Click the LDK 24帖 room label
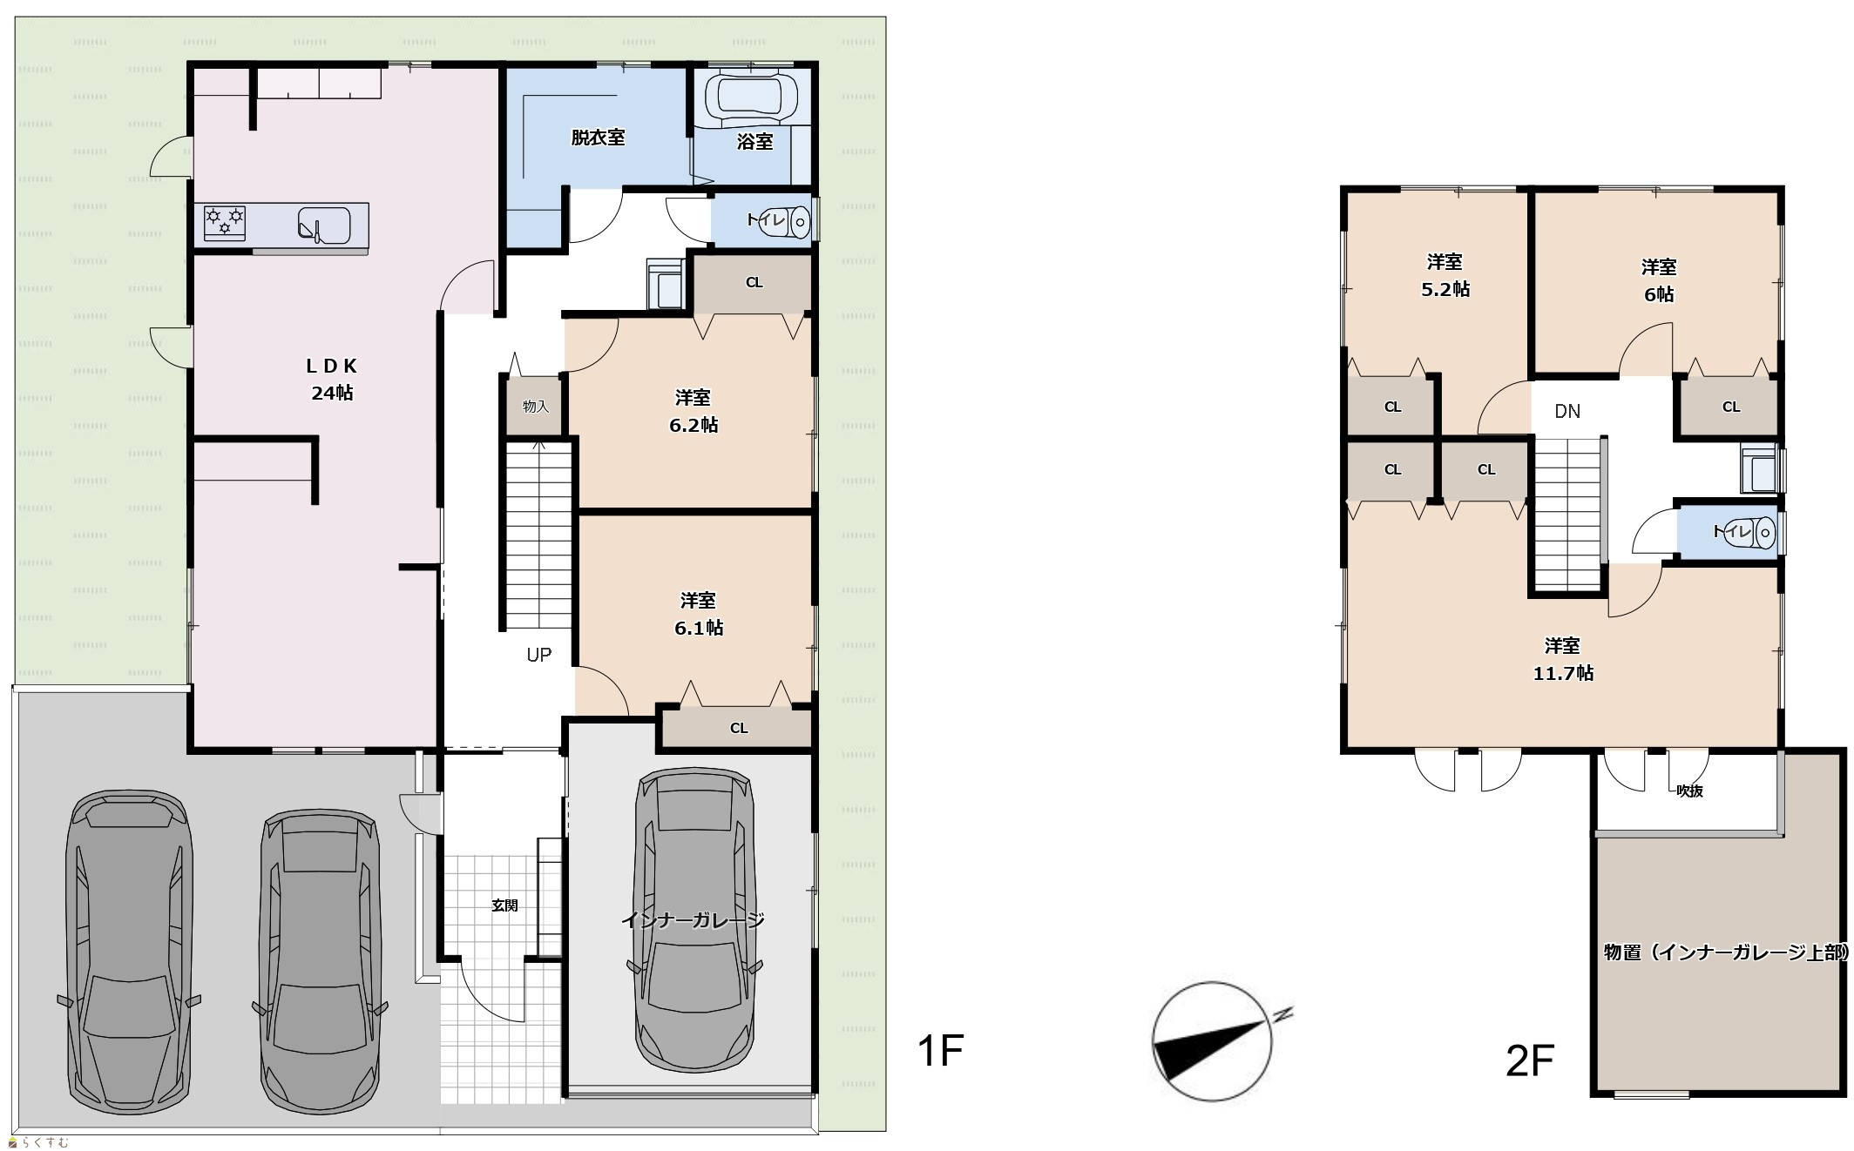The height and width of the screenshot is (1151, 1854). click(x=332, y=380)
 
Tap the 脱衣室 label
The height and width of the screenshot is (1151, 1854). click(x=598, y=138)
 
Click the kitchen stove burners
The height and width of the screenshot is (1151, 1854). click(x=225, y=222)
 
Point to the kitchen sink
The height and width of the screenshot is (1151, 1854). click(x=323, y=225)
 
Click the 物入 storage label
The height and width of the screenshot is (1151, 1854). click(x=535, y=407)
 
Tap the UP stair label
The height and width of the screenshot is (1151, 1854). click(x=538, y=655)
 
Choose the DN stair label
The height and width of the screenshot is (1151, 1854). click(x=1567, y=411)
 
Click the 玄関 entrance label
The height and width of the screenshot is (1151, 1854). click(x=504, y=905)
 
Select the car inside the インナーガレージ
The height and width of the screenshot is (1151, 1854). click(x=694, y=920)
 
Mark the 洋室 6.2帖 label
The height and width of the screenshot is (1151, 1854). click(x=694, y=412)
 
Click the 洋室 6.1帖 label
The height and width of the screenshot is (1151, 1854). click(x=699, y=615)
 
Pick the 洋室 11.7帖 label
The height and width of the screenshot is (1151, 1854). click(x=1563, y=659)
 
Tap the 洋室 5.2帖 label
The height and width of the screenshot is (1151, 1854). click(x=1445, y=275)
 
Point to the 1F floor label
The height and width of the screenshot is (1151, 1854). click(x=940, y=1051)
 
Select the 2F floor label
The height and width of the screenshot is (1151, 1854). click(x=1530, y=1060)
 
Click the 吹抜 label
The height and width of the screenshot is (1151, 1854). click(x=1689, y=791)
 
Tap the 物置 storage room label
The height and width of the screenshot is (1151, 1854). click(x=1725, y=952)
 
